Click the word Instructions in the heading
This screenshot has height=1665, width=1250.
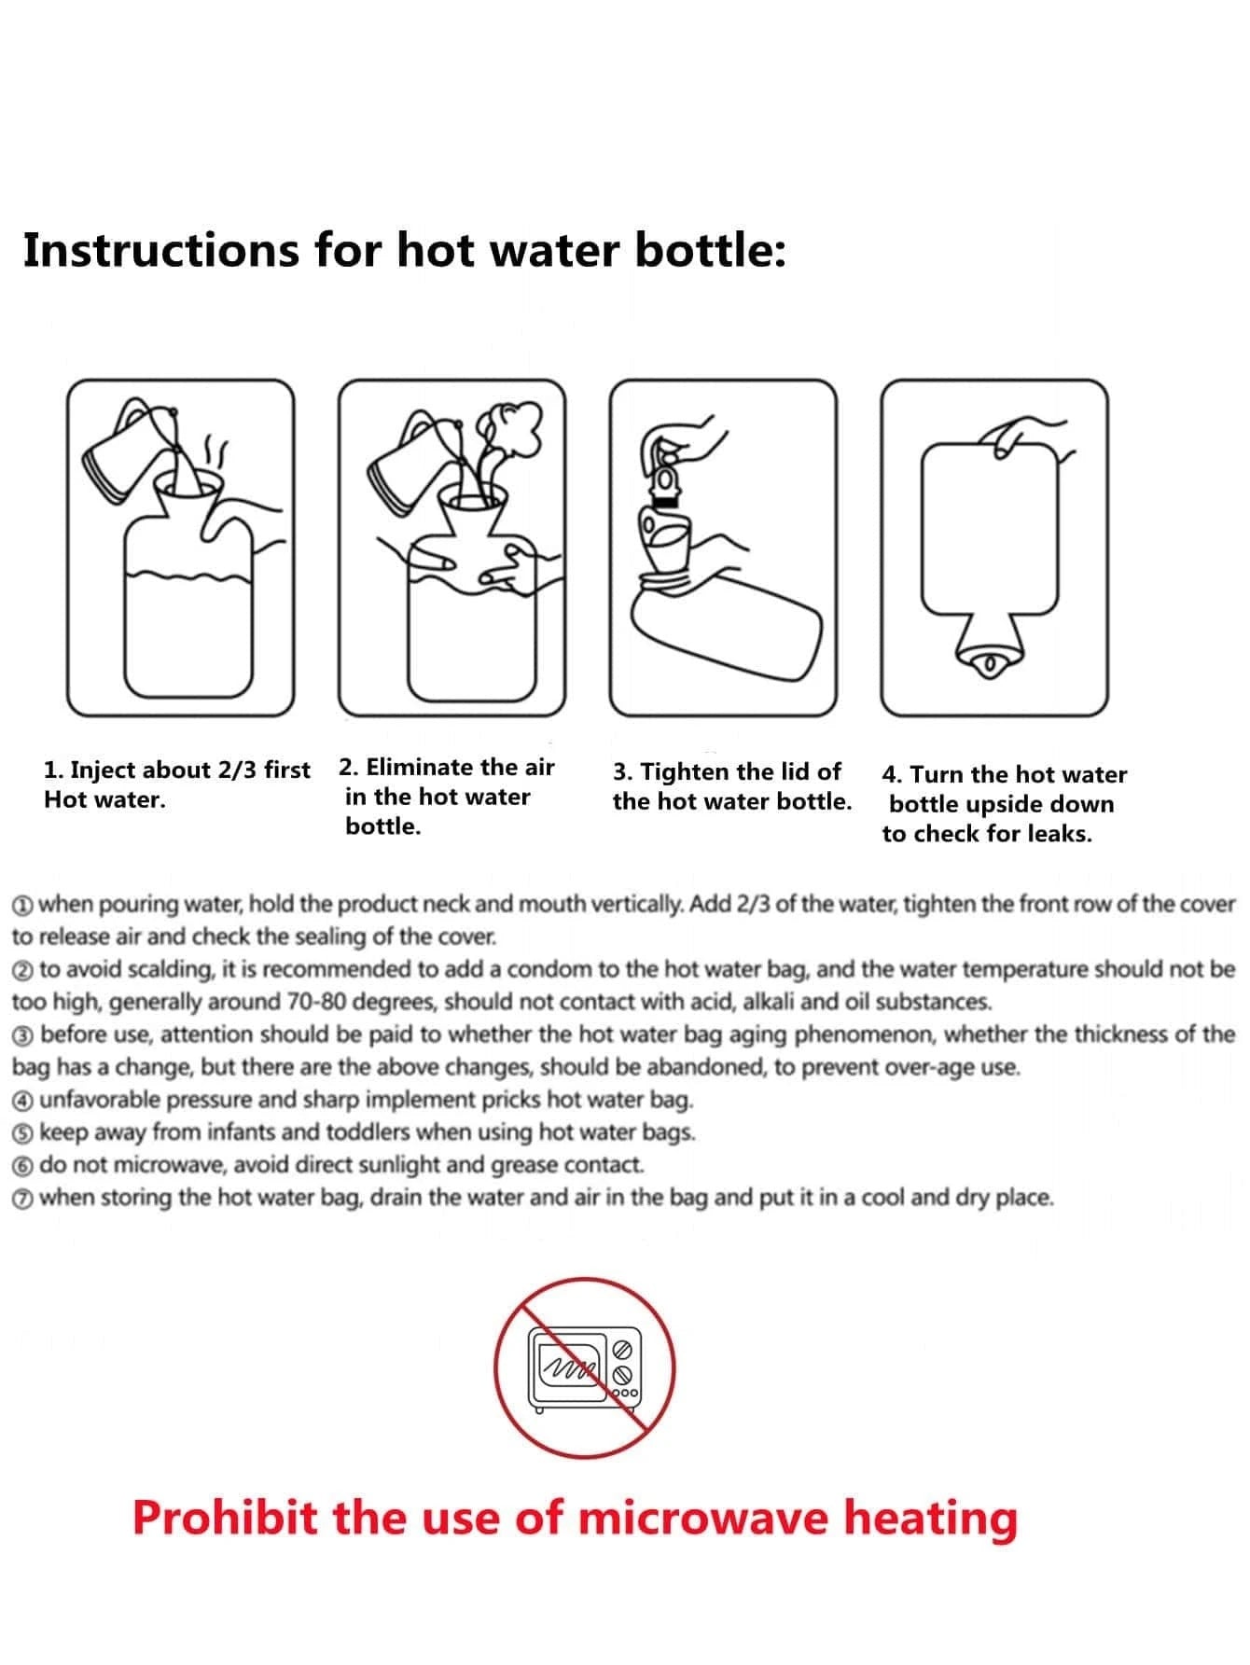(x=161, y=252)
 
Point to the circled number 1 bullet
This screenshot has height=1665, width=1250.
(x=23, y=906)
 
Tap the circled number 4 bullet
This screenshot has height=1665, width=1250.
(x=23, y=1102)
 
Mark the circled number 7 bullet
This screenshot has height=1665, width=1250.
(x=23, y=1200)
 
